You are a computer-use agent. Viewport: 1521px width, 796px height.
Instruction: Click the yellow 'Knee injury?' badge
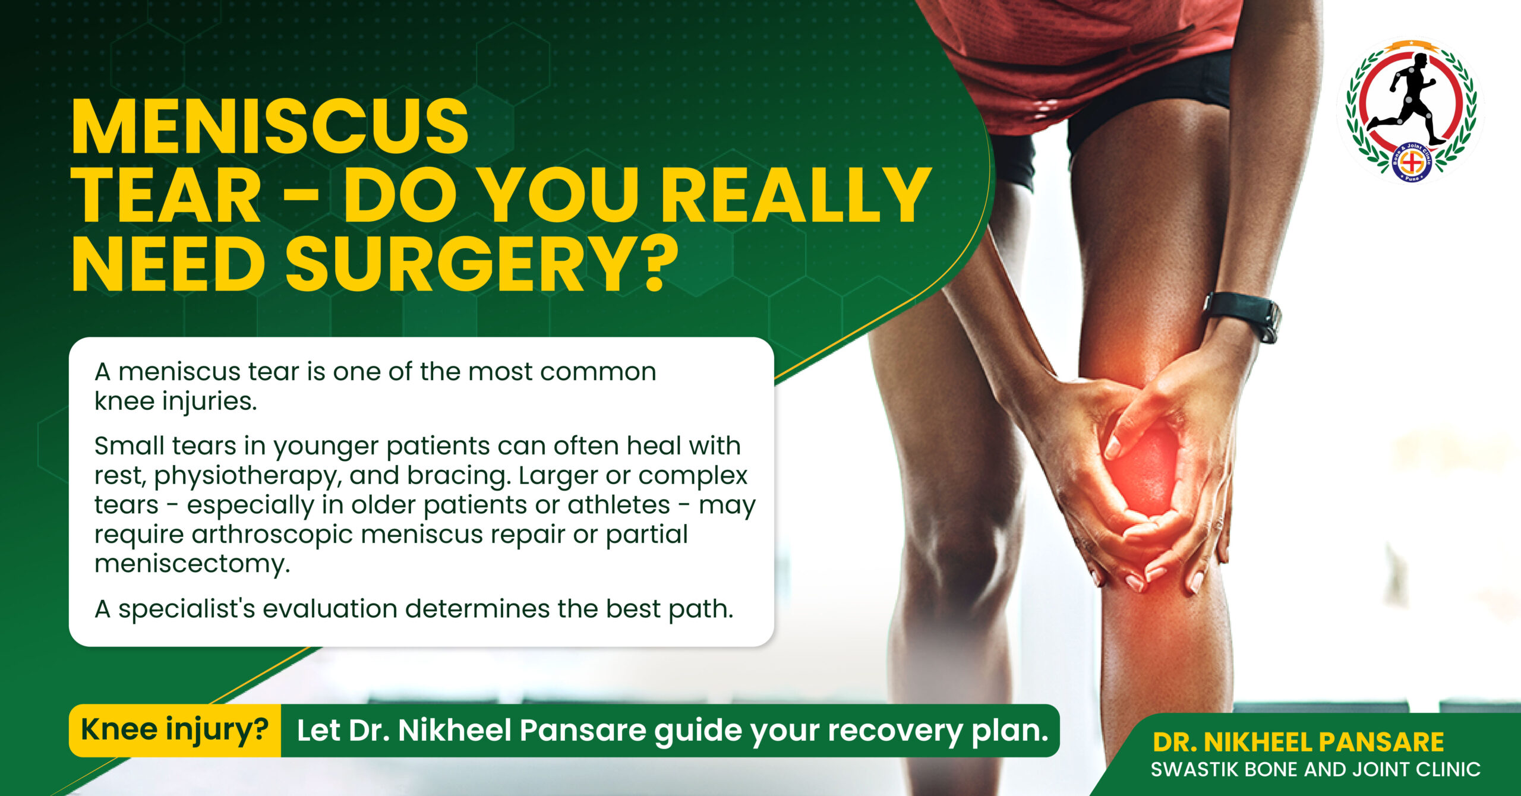click(x=175, y=730)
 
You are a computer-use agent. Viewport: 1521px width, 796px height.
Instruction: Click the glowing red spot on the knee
click(x=1144, y=469)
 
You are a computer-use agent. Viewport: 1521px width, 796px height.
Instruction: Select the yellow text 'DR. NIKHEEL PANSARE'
click(x=1298, y=742)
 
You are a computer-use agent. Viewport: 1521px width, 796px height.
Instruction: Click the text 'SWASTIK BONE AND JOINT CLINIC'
click(x=1315, y=770)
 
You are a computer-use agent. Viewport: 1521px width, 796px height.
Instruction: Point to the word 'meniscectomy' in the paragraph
click(x=192, y=563)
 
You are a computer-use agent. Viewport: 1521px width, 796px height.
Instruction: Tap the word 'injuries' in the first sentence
click(x=210, y=402)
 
